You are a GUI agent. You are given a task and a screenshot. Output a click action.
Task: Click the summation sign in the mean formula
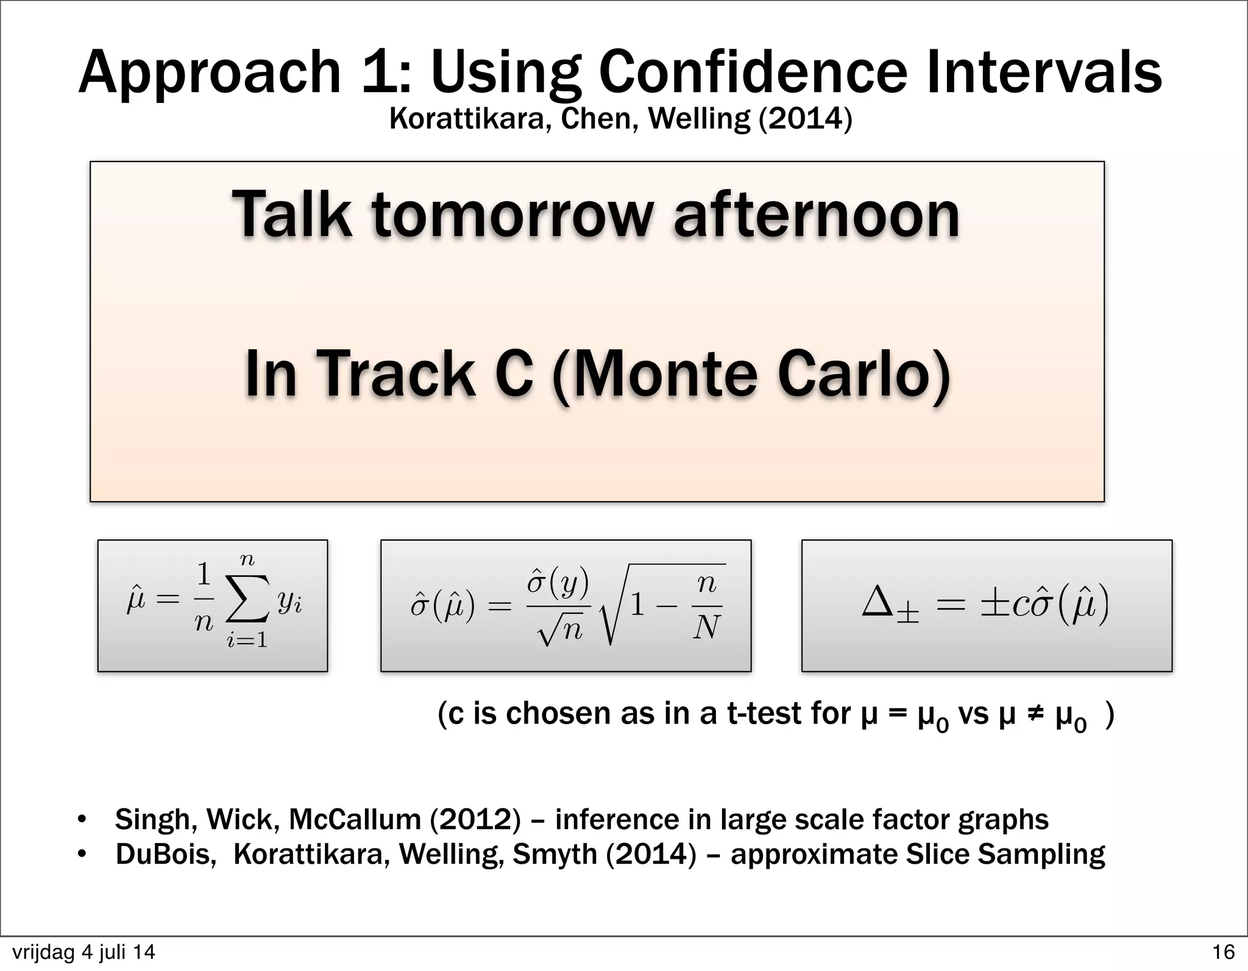(x=247, y=603)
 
